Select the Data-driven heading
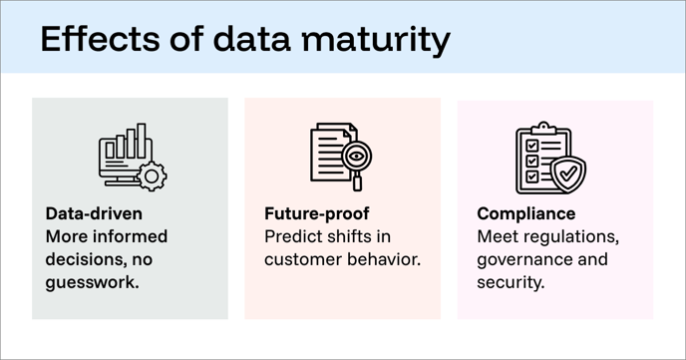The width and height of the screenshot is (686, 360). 94,213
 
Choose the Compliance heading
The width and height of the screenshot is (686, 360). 525,213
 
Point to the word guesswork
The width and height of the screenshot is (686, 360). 93,282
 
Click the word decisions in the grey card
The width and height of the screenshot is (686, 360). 85,259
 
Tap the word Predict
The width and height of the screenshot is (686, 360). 295,237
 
